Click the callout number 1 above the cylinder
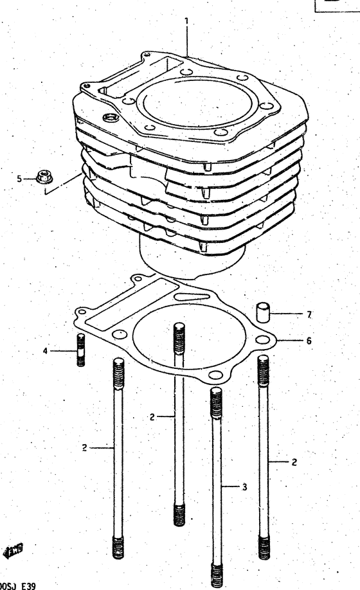(186, 21)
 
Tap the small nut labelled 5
(44, 175)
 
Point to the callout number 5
(19, 179)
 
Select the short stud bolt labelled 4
(80, 350)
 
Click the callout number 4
(45, 351)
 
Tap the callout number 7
(309, 315)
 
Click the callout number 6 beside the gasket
(309, 341)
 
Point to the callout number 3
(244, 487)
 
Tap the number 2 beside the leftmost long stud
(84, 448)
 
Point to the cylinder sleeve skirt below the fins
(193, 260)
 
